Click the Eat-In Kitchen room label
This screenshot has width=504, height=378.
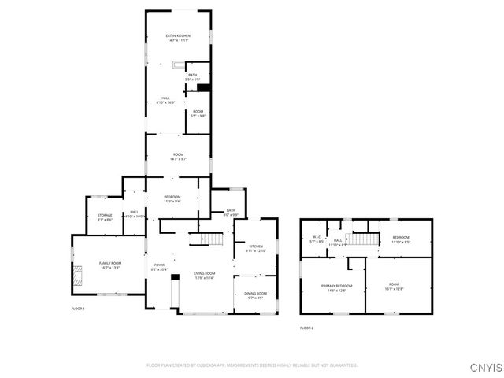click(x=177, y=38)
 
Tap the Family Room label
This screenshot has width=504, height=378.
click(x=110, y=265)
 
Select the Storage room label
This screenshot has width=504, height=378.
click(x=105, y=217)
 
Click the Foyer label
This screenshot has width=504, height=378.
click(x=159, y=266)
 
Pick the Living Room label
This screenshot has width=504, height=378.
click(x=204, y=275)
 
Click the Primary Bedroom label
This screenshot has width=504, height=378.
click(x=336, y=287)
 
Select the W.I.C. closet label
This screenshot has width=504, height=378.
click(x=317, y=239)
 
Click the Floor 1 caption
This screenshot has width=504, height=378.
click(x=78, y=308)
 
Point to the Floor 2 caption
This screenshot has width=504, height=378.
click(x=306, y=328)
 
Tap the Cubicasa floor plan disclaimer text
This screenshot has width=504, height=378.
click(x=252, y=365)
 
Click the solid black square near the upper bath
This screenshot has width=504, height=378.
click(x=203, y=88)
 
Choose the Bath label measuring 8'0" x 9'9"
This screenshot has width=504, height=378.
click(x=231, y=212)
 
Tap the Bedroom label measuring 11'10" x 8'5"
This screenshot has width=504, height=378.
click(x=401, y=239)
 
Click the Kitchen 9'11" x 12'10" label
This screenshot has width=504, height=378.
click(x=257, y=249)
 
